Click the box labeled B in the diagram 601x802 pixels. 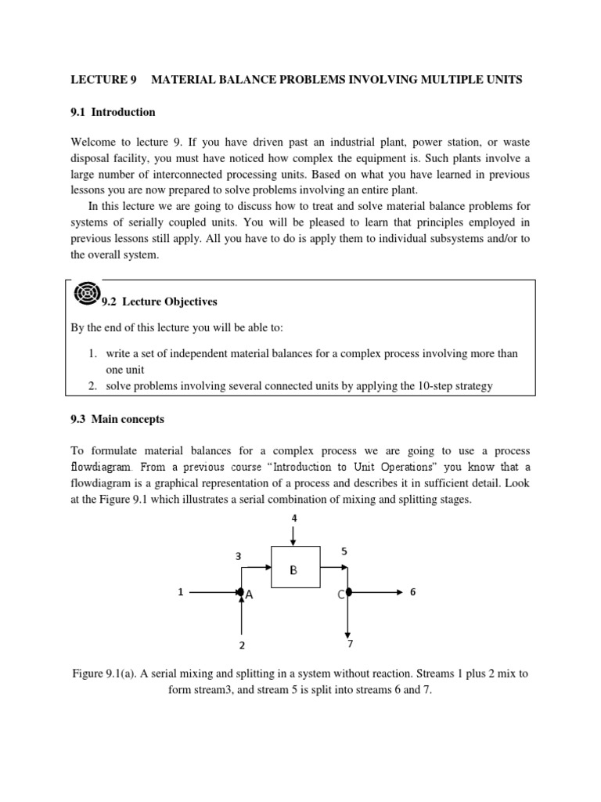(x=294, y=568)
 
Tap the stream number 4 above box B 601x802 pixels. (x=294, y=518)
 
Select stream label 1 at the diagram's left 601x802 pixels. (x=180, y=593)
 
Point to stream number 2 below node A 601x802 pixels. (x=242, y=645)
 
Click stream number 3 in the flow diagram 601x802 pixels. (x=239, y=555)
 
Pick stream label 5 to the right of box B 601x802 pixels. (x=344, y=551)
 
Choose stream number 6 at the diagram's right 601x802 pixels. (x=412, y=593)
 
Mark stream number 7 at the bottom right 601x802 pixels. (x=350, y=644)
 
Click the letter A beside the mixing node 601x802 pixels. (x=250, y=595)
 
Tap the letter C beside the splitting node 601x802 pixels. (x=341, y=595)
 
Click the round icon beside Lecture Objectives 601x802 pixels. (x=85, y=293)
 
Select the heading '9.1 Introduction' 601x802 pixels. (x=113, y=112)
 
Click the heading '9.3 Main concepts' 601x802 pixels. (x=117, y=419)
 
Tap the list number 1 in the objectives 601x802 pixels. (x=93, y=354)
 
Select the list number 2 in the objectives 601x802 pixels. (x=93, y=386)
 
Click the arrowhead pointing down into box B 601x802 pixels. (x=294, y=542)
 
